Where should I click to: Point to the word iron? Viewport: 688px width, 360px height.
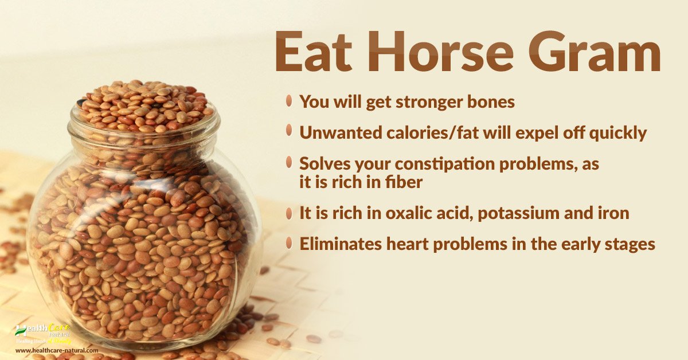[613, 213]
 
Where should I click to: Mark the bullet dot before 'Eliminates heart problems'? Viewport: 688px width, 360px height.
[290, 243]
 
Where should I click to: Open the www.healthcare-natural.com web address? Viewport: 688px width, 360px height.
[53, 350]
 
